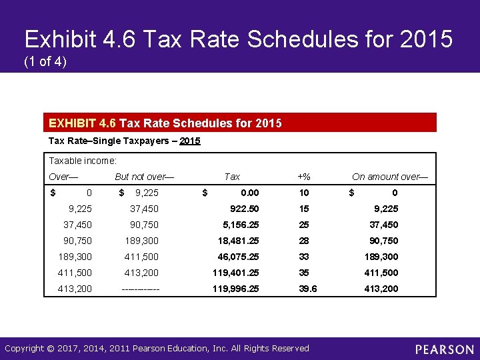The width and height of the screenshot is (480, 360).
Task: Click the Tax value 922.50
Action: click(244, 209)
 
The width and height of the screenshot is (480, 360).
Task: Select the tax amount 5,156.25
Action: click(241, 225)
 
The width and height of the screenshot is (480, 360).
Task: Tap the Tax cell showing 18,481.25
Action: click(238, 241)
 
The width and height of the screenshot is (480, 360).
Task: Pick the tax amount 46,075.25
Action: click(238, 257)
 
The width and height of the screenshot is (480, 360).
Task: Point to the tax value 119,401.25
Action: click(236, 273)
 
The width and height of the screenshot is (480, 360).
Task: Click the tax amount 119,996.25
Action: click(236, 289)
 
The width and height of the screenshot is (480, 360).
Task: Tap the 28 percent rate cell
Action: click(305, 241)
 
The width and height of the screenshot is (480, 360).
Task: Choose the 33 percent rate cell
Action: click(305, 257)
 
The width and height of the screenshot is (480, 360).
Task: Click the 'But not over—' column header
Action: click(145, 177)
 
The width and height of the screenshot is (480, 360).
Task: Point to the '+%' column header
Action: click(304, 177)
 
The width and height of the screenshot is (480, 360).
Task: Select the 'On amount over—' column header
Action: click(390, 177)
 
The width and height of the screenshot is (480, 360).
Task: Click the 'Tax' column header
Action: click(232, 177)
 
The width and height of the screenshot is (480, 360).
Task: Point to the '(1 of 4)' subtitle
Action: click(45, 62)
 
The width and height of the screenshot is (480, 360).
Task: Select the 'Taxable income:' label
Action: click(83, 161)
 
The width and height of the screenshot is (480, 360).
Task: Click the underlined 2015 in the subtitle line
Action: click(190, 141)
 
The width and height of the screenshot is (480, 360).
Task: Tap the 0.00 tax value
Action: click(250, 193)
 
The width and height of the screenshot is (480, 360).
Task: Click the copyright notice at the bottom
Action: click(157, 349)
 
